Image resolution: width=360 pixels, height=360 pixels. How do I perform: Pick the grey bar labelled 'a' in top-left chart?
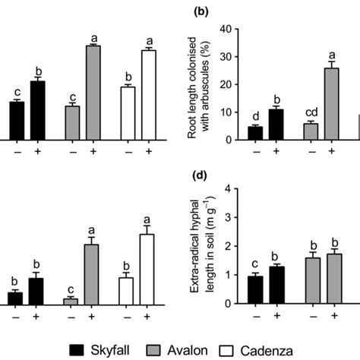[93, 93]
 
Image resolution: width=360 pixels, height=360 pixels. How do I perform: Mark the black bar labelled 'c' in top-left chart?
[17, 120]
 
